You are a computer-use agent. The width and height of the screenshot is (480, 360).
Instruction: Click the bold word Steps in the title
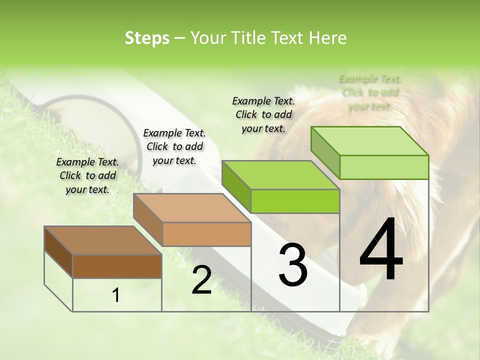(x=147, y=38)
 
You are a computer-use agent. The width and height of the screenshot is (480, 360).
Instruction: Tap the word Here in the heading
(x=327, y=38)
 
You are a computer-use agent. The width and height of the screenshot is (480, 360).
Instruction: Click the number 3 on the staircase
(x=293, y=265)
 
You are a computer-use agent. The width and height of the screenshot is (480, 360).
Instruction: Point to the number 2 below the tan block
(x=201, y=280)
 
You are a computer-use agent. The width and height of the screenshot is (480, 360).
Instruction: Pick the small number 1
(x=116, y=295)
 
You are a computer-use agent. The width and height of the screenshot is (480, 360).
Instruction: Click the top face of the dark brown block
(x=102, y=240)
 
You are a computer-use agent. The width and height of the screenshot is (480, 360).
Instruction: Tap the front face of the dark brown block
(x=117, y=266)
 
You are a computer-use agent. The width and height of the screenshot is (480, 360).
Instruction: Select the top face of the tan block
(x=191, y=208)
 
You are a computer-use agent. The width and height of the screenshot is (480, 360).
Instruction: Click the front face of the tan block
(x=206, y=234)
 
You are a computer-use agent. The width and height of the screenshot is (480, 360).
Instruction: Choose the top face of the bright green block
(x=280, y=175)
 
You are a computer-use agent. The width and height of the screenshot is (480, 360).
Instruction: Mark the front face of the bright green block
(x=295, y=201)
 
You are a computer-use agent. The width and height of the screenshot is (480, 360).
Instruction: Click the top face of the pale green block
(x=369, y=141)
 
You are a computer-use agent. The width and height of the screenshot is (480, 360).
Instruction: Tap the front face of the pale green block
(x=384, y=167)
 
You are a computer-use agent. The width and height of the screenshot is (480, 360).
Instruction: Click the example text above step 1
(x=87, y=175)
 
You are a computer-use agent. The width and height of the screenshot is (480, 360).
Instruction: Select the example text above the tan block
(x=174, y=146)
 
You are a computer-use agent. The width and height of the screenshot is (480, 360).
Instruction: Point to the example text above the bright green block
(x=263, y=114)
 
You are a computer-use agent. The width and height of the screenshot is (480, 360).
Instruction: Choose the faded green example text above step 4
(x=370, y=92)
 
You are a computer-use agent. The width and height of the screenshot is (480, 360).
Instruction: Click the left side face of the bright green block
(x=236, y=186)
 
